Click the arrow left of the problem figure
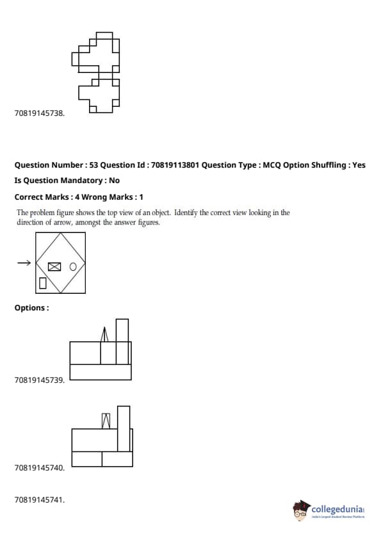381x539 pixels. click(24, 263)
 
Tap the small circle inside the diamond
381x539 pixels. click(73, 267)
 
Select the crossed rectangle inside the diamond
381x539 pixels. click(54, 267)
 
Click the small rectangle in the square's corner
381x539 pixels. click(43, 283)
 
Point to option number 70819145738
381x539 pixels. click(39, 113)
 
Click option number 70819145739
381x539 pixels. click(39, 380)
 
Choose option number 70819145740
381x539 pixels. click(39, 467)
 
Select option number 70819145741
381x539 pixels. click(39, 499)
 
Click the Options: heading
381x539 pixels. click(31, 308)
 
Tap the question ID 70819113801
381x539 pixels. click(175, 165)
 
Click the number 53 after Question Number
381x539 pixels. click(93, 165)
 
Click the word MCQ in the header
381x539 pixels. click(272, 165)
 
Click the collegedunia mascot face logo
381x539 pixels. click(302, 511)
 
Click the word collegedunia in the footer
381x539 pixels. click(337, 509)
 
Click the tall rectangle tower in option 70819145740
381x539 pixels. click(124, 428)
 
